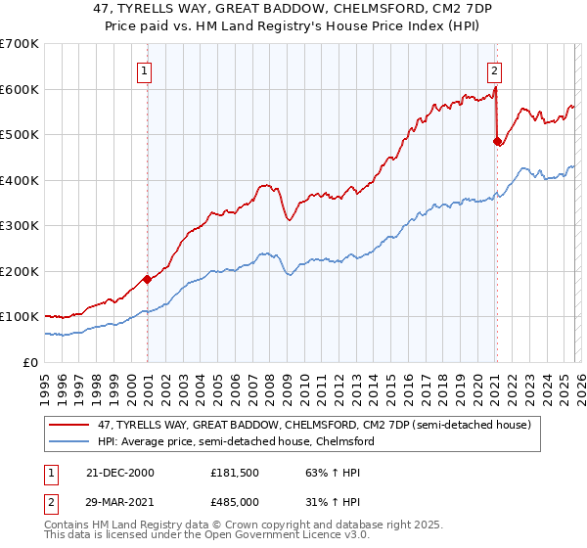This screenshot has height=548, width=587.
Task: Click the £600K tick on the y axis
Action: [20, 89]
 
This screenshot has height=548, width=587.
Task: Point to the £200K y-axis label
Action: [20, 271]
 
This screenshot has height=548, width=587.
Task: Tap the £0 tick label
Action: [29, 362]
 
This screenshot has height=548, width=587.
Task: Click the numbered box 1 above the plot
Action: [144, 69]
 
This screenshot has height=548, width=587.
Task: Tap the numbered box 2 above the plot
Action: [495, 69]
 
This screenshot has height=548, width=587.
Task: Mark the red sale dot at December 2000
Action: [148, 279]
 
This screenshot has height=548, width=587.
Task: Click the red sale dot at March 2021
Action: [496, 141]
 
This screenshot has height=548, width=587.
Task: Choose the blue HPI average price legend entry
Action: [236, 442]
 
